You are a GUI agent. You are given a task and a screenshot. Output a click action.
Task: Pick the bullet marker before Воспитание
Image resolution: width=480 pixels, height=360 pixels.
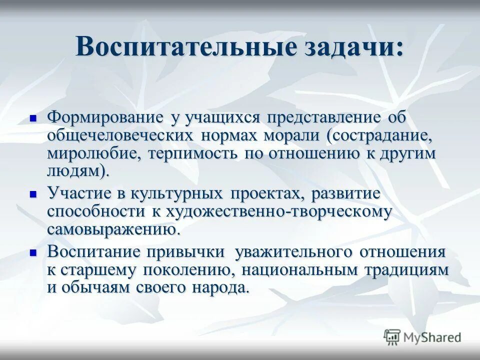click(x=33, y=253)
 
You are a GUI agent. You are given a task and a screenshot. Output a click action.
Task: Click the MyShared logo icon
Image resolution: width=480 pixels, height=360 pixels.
click(x=392, y=337)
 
